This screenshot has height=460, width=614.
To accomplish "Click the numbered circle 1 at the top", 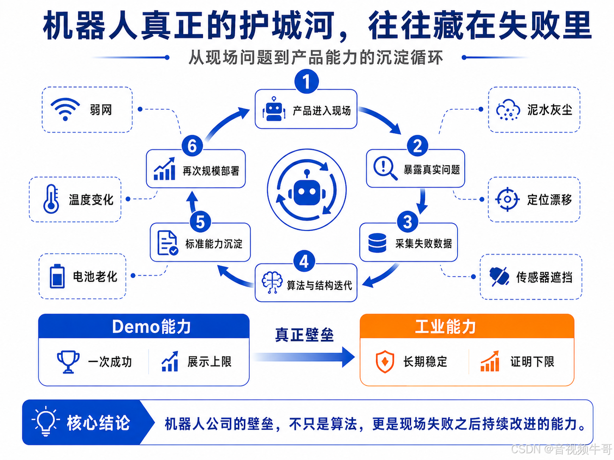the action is pyautogui.click(x=306, y=82).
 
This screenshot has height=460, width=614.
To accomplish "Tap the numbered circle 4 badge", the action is pyautogui.click(x=304, y=261).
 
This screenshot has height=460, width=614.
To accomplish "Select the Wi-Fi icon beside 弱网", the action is pyautogui.click(x=65, y=109).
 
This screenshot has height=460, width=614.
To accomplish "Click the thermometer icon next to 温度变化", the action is pyautogui.click(x=51, y=199).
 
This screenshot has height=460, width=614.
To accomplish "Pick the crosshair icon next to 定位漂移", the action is pyautogui.click(x=508, y=200).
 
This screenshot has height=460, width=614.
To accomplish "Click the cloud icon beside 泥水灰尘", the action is pyautogui.click(x=508, y=110).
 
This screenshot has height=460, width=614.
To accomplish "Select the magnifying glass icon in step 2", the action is pyautogui.click(x=385, y=168).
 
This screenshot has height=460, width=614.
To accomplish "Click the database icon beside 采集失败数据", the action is pyautogui.click(x=377, y=243).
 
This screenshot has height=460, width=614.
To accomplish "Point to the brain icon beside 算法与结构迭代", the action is pyautogui.click(x=272, y=282).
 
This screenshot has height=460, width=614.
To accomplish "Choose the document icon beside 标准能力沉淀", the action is pyautogui.click(x=167, y=243).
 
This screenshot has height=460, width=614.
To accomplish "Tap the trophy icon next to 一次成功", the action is pyautogui.click(x=68, y=362).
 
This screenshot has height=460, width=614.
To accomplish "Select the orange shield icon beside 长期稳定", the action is pyautogui.click(x=385, y=362).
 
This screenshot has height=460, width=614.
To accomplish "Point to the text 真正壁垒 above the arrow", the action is pyautogui.click(x=304, y=335).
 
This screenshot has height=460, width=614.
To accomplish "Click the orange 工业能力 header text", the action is pyautogui.click(x=446, y=327).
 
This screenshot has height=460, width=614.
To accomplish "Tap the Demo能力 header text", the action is pyautogui.click(x=151, y=327).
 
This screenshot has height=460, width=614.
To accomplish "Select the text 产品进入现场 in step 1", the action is pyautogui.click(x=322, y=111).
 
